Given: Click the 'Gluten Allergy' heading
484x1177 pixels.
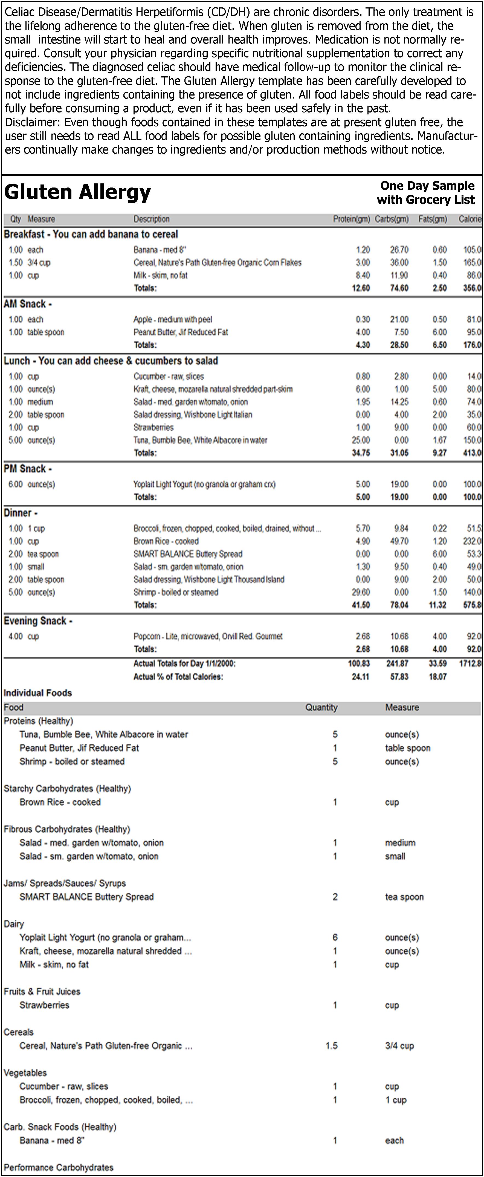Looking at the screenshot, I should pyautogui.click(x=78, y=192).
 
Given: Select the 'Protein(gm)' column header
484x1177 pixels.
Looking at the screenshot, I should pyautogui.click(x=351, y=219).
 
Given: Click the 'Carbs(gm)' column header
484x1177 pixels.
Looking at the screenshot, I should pyautogui.click(x=391, y=219).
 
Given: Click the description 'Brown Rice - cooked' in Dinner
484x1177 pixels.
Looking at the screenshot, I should pyautogui.click(x=166, y=541).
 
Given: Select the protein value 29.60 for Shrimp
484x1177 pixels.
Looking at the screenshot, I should pyautogui.click(x=363, y=592).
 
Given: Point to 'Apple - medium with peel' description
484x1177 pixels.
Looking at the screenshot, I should pyautogui.click(x=173, y=319).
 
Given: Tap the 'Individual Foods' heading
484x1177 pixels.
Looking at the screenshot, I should pyautogui.click(x=38, y=693).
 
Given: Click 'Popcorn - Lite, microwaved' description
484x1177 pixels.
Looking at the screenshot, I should pyautogui.click(x=208, y=636).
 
